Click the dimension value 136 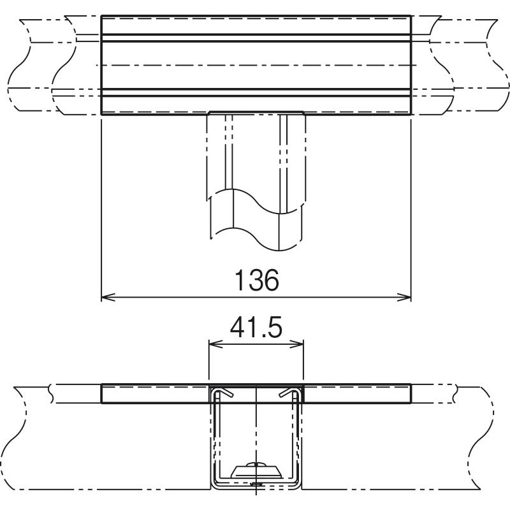tap(257, 280)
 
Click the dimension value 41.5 tap(256, 328)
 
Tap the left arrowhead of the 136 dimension tap(108, 297)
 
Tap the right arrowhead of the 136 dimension tap(404, 297)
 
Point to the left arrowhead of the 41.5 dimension tap(216, 344)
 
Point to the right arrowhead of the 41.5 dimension tap(296, 344)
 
